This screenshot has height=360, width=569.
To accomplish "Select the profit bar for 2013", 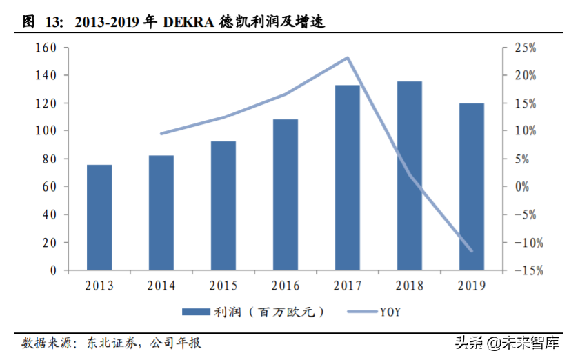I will point(99,217).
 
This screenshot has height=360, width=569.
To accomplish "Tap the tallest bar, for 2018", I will point(410,176).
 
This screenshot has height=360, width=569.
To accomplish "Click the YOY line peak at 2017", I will point(348,58).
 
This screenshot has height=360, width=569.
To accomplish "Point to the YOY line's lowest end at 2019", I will point(472,250).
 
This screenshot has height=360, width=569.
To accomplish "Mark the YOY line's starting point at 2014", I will point(161,133).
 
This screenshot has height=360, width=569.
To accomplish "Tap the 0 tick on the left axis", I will point(52,270).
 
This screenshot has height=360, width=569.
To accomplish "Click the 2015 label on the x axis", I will point(223,286).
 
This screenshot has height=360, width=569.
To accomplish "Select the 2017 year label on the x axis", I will point(348,286).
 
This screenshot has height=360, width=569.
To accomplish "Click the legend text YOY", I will point(390,312).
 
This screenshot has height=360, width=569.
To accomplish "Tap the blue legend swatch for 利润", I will point(199,312).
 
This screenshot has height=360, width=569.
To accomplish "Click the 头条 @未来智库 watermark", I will point(504,342).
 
